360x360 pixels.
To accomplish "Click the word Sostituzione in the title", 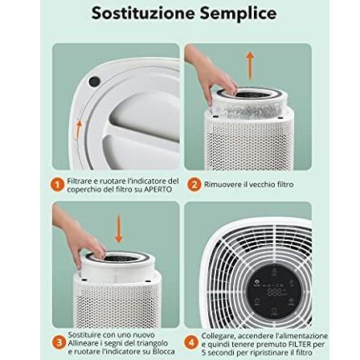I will [x=132, y=14].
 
